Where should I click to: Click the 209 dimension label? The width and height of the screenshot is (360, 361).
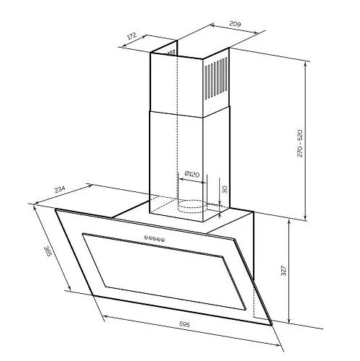(235, 24)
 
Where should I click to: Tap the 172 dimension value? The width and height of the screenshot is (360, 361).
(132, 36)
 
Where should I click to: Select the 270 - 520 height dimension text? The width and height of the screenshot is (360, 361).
(299, 144)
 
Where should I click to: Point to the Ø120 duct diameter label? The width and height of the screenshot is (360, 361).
(192, 174)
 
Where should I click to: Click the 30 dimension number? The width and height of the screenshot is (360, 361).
(224, 189)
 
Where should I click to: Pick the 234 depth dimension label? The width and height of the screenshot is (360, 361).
(59, 189)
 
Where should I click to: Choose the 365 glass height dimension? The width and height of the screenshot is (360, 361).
(48, 251)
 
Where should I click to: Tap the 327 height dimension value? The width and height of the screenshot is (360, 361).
(283, 271)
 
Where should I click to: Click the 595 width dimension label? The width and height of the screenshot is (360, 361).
(184, 324)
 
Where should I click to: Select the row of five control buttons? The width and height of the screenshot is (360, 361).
(155, 238)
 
